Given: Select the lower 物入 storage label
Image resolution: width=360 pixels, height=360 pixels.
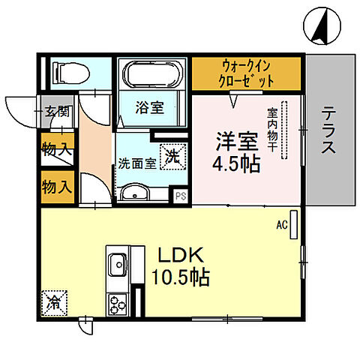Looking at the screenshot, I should click(56, 185).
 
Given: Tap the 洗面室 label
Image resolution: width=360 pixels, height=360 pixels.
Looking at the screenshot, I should click(136, 163).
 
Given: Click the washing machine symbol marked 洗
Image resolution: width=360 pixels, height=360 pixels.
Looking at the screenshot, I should click(173, 157).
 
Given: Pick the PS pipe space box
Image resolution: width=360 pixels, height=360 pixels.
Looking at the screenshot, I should click(180, 196).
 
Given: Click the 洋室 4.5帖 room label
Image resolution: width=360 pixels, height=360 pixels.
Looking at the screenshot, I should click(238, 152).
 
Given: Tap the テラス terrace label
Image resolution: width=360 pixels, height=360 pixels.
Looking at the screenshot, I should click(328, 130).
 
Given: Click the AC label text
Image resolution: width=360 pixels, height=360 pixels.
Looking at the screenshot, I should click(282, 223).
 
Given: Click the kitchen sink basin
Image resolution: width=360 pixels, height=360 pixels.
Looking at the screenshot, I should click(118, 265).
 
